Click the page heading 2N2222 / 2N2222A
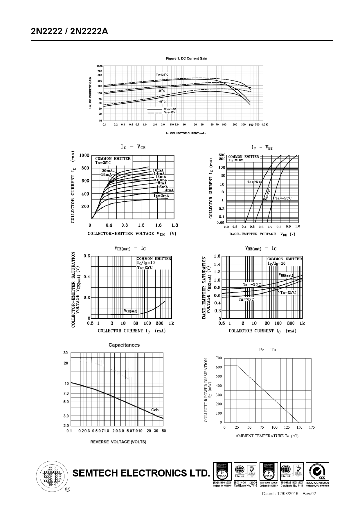click(x=69, y=31)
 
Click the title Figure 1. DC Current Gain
click(x=186, y=58)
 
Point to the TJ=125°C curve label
click(x=162, y=75)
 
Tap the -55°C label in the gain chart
click(x=162, y=102)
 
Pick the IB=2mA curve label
click(x=161, y=196)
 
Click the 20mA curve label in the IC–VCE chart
click(x=107, y=171)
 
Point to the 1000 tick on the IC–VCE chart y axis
click(x=84, y=155)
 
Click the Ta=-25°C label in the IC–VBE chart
click(x=283, y=198)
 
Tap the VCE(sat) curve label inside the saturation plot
click(x=130, y=311)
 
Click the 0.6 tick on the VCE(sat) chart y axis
click(x=87, y=256)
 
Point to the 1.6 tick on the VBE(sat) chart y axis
click(x=217, y=256)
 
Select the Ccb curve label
click(x=155, y=410)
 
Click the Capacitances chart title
click(x=124, y=345)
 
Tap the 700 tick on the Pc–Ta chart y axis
click(x=219, y=358)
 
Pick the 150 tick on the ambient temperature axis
click(x=299, y=427)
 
